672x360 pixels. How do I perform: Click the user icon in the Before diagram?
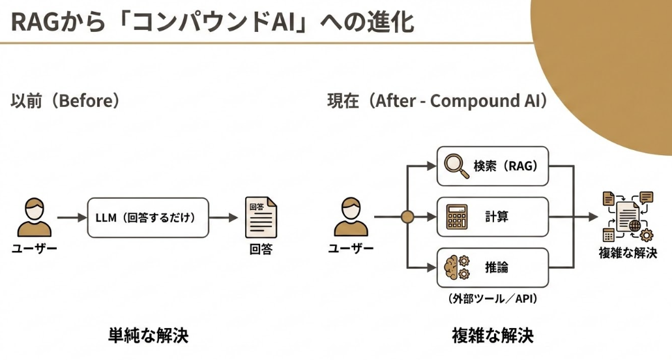34,218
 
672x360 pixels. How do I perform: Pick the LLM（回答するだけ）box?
148,217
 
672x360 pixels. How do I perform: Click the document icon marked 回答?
260,218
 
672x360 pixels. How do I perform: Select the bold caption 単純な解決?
148,335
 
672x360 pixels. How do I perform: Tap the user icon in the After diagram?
351,218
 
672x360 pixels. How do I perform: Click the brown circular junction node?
407,217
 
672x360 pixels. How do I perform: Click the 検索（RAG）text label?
506,166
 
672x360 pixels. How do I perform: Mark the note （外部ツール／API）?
492,299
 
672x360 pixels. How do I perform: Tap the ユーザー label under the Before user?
34,248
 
